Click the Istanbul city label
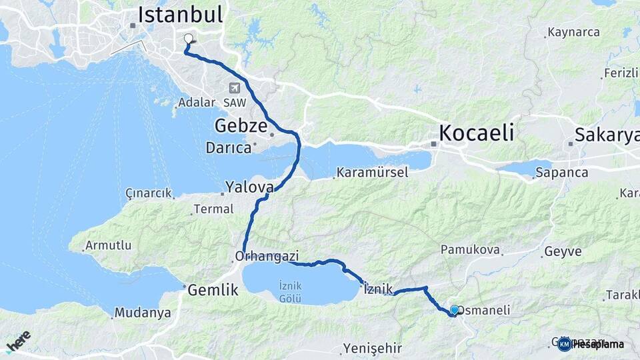pos(180,14)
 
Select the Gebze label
pos(241,126)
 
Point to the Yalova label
pos(250,186)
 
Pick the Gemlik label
pos(213,290)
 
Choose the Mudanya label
pos(142,313)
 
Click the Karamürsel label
pos(373,173)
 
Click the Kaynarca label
pos(573,32)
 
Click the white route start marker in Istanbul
pos(188,39)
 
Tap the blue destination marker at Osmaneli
pos(455,310)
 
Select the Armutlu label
pos(108,245)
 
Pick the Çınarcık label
pos(148,193)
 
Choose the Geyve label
pos(563,252)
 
